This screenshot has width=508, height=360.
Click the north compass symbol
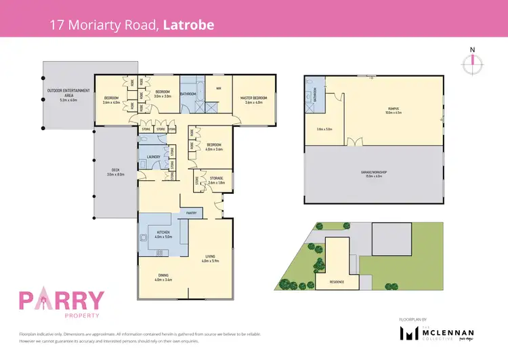472,62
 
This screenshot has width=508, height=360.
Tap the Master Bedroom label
254,98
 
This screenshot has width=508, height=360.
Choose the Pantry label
192,213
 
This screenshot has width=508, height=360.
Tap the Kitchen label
163,234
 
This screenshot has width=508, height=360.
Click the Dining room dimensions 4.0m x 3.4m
163,279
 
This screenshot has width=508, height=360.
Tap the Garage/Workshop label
373,172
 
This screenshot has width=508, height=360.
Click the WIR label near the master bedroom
218,88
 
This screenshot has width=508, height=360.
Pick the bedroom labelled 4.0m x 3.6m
213,146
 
